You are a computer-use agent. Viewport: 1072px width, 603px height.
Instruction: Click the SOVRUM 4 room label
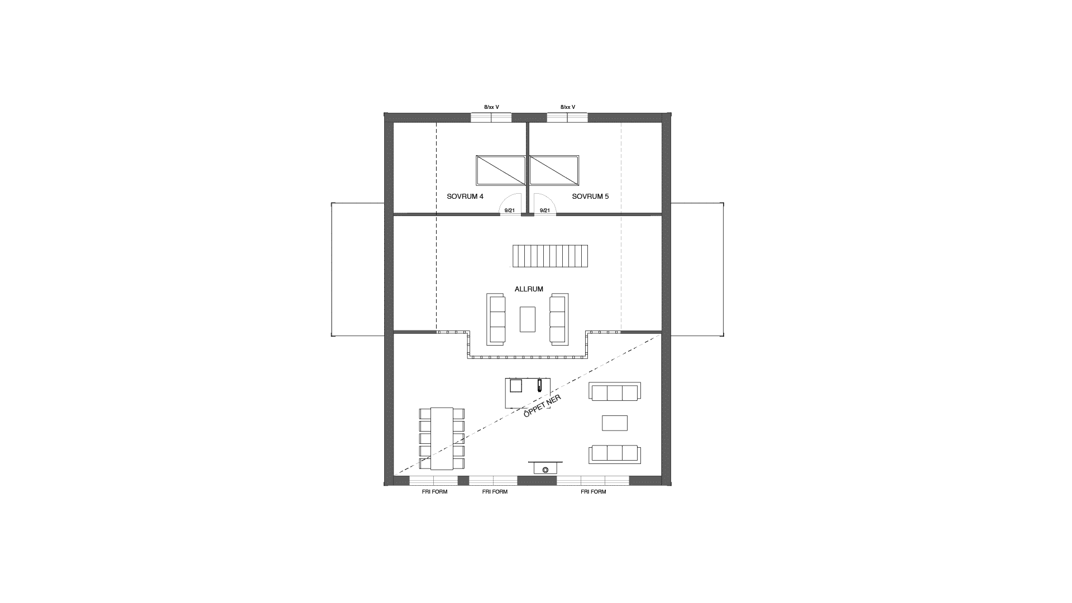[x=465, y=197]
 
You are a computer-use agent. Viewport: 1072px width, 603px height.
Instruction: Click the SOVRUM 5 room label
[x=590, y=197]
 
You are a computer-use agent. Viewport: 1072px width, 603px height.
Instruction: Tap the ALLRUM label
[x=529, y=289]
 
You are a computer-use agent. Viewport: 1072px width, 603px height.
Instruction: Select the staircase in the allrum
[x=550, y=256]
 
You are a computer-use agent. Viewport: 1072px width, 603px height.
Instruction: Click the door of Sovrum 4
[x=510, y=204]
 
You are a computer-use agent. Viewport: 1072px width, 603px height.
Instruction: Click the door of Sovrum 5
[x=544, y=204]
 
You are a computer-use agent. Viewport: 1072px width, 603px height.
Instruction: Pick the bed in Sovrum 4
[x=501, y=170]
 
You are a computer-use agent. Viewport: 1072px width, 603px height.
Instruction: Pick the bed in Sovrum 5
[x=554, y=170]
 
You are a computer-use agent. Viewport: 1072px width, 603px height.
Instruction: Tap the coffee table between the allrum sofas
[x=527, y=319]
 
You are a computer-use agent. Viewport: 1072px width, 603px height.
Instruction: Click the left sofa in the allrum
[x=496, y=319]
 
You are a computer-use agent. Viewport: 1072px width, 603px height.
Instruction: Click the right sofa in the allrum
[x=559, y=319]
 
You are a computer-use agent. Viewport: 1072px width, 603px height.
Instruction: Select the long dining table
[x=442, y=438]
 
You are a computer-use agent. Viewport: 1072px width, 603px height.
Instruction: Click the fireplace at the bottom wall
[x=545, y=468]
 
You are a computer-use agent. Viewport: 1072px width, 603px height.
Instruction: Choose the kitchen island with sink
[x=528, y=393]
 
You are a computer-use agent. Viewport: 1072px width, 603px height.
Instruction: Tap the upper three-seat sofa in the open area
[x=614, y=392]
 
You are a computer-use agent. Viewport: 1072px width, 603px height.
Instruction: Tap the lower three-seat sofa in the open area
[x=614, y=454]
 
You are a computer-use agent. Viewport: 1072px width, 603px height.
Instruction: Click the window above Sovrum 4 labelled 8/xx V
[x=491, y=117]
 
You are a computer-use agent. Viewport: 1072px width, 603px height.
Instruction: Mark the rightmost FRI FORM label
[x=593, y=492]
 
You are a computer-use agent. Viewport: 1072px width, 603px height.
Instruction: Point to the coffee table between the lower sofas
[x=614, y=423]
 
